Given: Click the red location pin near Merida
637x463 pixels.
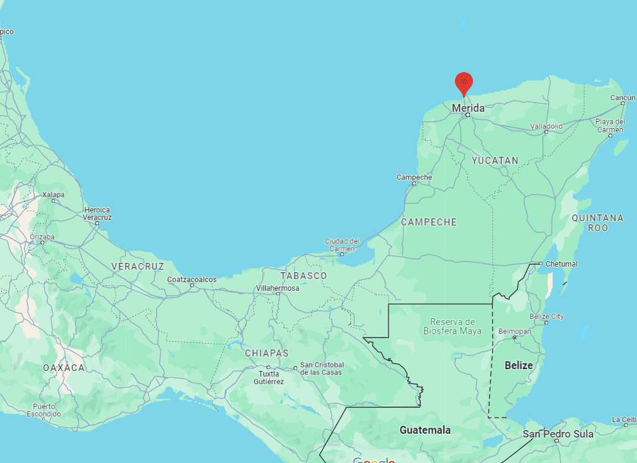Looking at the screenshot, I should click(x=464, y=83).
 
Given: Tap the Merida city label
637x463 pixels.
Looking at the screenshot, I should click(x=468, y=108).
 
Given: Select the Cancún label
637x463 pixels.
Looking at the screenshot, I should click(x=622, y=98).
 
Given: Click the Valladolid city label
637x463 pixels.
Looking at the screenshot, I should click(x=546, y=126).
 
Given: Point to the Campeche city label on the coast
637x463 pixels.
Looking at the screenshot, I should click(x=414, y=177).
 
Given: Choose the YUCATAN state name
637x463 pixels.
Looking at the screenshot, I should click(x=495, y=160).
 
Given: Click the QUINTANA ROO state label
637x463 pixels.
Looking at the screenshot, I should click(x=597, y=222).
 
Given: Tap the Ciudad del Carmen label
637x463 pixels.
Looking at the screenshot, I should click(x=342, y=245).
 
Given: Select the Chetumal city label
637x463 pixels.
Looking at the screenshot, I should click(x=562, y=264).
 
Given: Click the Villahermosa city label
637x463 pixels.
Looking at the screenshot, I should click(x=278, y=288).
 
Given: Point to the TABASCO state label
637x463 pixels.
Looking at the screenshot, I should click(x=303, y=275).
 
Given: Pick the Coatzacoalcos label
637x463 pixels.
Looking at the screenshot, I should click(x=192, y=280).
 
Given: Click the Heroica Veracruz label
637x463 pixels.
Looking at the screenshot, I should click(x=98, y=214).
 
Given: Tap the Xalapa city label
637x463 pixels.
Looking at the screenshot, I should click(x=53, y=195).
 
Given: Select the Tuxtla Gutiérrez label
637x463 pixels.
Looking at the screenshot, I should click(x=269, y=377).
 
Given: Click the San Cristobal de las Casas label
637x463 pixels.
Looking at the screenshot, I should click(x=321, y=368).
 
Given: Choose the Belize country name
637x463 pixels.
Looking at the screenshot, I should click(x=519, y=365).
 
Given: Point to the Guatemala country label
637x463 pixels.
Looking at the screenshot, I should click(x=425, y=430).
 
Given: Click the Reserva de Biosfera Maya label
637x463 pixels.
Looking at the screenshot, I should click(x=452, y=326).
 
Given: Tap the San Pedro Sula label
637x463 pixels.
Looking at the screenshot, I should click(x=557, y=434).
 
